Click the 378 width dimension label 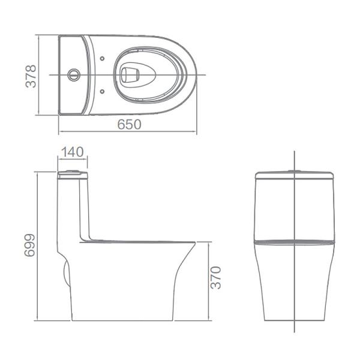click(x=31, y=76)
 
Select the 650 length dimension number click(x=128, y=124)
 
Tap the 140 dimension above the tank click(x=73, y=152)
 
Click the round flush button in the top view click(x=73, y=75)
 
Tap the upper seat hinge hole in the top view click(x=103, y=59)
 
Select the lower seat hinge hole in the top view click(x=103, y=92)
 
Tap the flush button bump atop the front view click(x=294, y=172)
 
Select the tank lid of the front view click(x=294, y=176)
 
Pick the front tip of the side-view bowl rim click(x=194, y=243)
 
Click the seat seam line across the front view click(x=294, y=242)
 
